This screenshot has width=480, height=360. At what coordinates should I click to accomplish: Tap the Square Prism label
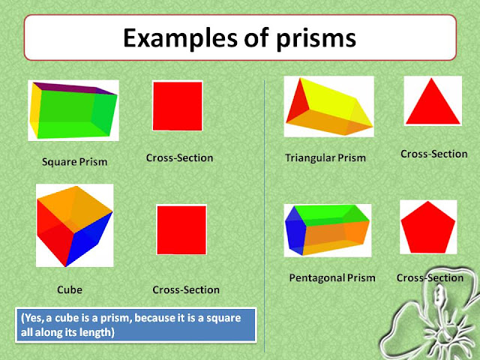coord(74,161)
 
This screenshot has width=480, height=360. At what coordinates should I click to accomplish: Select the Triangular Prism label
coord(325,158)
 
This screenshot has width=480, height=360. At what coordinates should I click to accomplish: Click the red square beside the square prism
coord(178,106)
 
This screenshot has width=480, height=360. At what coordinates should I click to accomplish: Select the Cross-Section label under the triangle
coord(433,154)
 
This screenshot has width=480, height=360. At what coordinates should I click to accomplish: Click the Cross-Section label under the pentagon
coord(430,278)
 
